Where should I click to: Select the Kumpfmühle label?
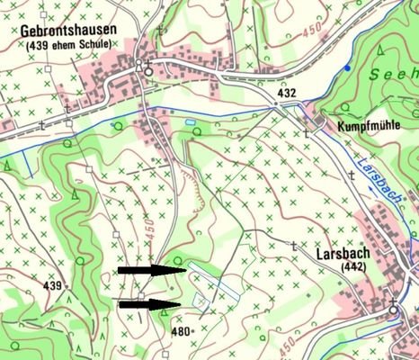click(368, 128)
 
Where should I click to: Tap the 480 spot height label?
click(181, 331)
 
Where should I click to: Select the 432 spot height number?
click(287, 94)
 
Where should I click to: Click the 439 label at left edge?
click(52, 286)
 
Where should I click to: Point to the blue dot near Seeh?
click(347, 68)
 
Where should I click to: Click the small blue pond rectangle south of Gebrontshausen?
click(190, 121)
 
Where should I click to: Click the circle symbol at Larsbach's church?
click(392, 310)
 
